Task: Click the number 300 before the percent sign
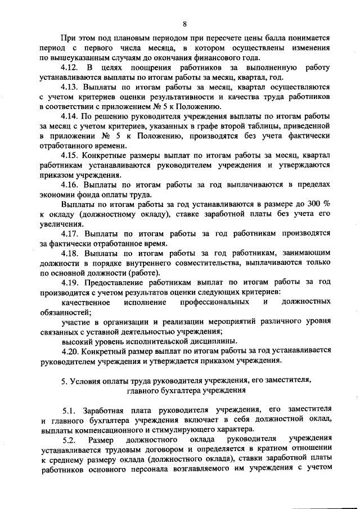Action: (313, 204)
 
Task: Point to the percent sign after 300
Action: (326, 204)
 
